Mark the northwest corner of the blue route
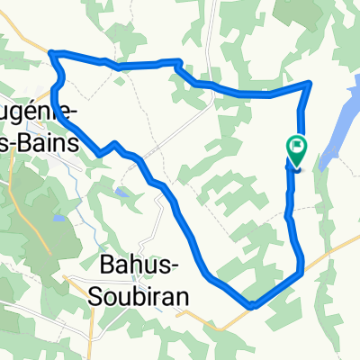click(x=53, y=55)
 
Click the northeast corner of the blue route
click(x=310, y=84)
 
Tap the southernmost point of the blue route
click(x=253, y=305)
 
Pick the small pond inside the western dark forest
click(x=58, y=217)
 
